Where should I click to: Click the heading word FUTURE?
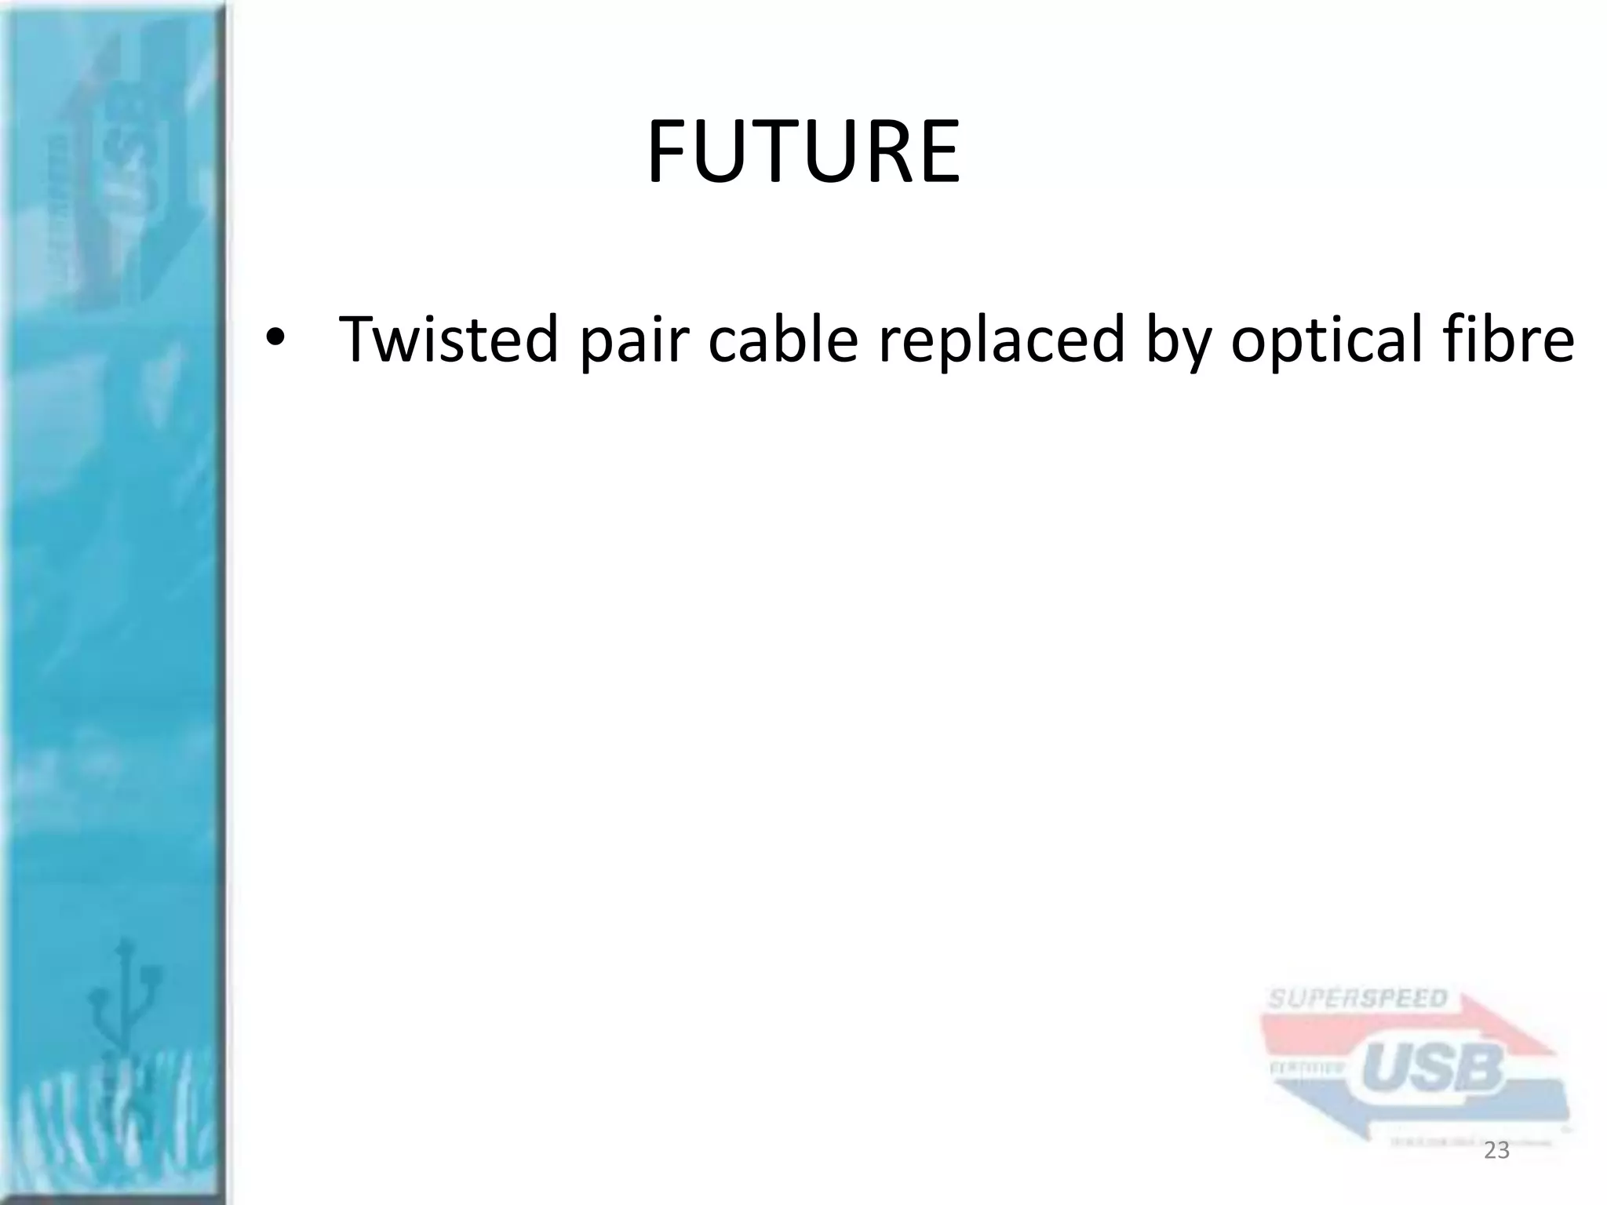tap(803, 152)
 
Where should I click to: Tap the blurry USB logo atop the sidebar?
tap(126, 157)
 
